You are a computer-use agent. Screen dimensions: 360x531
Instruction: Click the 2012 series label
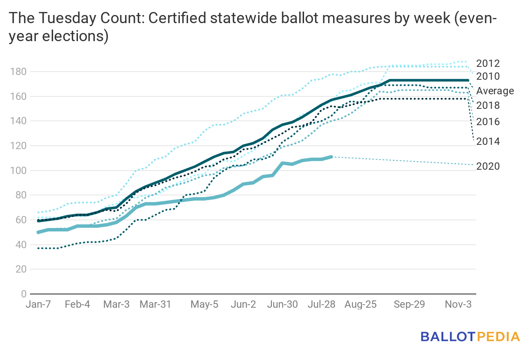[x=488, y=63]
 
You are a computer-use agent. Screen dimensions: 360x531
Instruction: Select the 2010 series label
[x=488, y=77]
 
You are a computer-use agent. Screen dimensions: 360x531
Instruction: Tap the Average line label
[x=495, y=91]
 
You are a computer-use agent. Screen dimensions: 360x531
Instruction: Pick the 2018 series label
[x=488, y=105]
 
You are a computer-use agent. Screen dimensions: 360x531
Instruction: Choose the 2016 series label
[x=488, y=122]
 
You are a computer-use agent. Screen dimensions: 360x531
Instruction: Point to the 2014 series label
[x=488, y=141]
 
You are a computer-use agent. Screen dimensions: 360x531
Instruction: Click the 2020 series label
[x=488, y=166]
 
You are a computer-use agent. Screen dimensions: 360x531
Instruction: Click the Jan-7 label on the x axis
[x=39, y=304]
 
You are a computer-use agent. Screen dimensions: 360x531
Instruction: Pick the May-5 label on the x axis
[x=204, y=304]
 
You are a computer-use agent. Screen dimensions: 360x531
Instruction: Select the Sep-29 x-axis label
[x=409, y=304]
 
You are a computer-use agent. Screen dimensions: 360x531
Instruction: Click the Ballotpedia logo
[x=470, y=336]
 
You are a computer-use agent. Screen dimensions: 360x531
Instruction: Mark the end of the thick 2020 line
[x=332, y=157]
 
